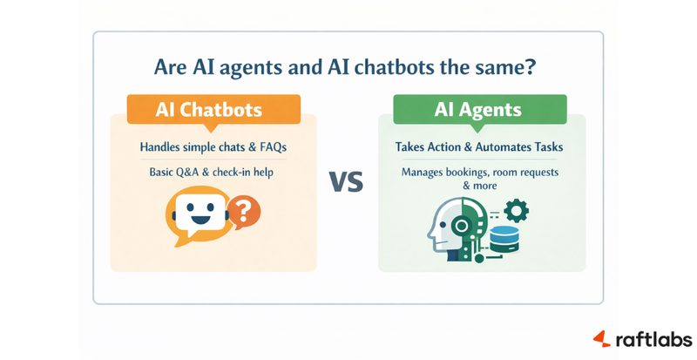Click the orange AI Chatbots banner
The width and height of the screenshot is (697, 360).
201,111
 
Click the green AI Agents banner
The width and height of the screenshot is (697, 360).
477,111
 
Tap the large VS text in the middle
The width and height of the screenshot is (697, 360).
347,181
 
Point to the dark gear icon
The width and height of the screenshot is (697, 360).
516,209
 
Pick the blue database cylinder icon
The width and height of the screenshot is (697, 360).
504,237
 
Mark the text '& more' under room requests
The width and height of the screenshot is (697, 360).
481,186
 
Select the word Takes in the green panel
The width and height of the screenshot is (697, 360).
412,146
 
